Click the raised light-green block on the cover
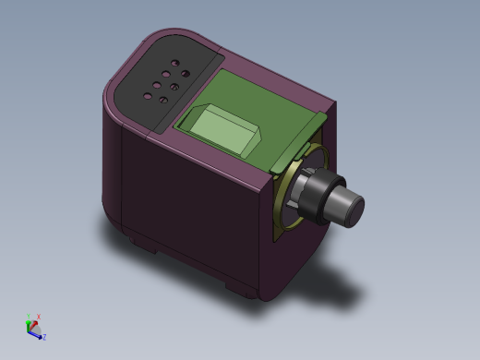pos(224,129)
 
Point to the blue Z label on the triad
pos(44,337)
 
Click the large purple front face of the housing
pos(198,212)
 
